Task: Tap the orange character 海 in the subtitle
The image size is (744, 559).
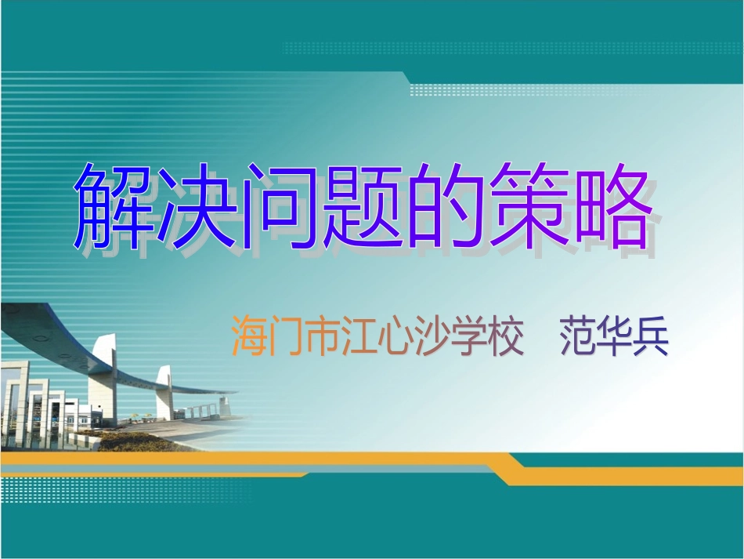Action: tap(249, 338)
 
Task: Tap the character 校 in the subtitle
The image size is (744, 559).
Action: tap(505, 338)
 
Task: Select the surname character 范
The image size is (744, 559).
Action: tap(578, 338)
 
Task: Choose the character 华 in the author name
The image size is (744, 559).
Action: tap(615, 338)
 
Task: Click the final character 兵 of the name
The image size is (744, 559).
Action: tap(651, 338)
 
